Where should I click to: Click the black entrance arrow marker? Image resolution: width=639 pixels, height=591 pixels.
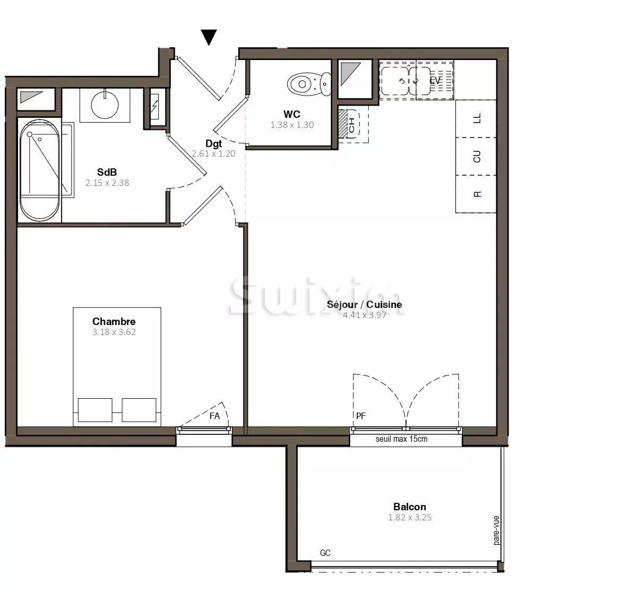tap(210, 37)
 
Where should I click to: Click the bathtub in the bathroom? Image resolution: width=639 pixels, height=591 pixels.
tap(40, 172)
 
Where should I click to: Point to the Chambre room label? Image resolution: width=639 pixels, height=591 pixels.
tap(114, 321)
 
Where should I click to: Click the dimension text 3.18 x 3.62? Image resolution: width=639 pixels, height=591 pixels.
tap(114, 332)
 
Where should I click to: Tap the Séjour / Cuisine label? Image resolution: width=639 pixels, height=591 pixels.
tap(364, 305)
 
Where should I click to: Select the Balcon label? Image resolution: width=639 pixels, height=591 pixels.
tap(409, 507)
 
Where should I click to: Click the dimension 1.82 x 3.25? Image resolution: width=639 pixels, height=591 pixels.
tap(409, 517)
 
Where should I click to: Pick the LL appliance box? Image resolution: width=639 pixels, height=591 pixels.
tap(476, 118)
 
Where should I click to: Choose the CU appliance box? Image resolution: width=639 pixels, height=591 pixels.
tap(476, 157)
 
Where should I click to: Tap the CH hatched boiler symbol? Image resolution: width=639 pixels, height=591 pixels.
tap(351, 124)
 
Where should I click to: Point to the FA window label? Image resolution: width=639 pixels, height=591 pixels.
tap(214, 416)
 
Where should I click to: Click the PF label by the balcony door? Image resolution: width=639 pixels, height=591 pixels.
tap(360, 416)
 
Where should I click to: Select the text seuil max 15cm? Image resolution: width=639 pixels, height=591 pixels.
tap(401, 439)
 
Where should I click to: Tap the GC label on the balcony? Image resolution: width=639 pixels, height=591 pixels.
tap(325, 553)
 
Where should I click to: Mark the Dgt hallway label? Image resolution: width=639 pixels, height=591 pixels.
tap(213, 143)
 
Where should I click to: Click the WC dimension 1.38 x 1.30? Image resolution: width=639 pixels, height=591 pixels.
tap(292, 125)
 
